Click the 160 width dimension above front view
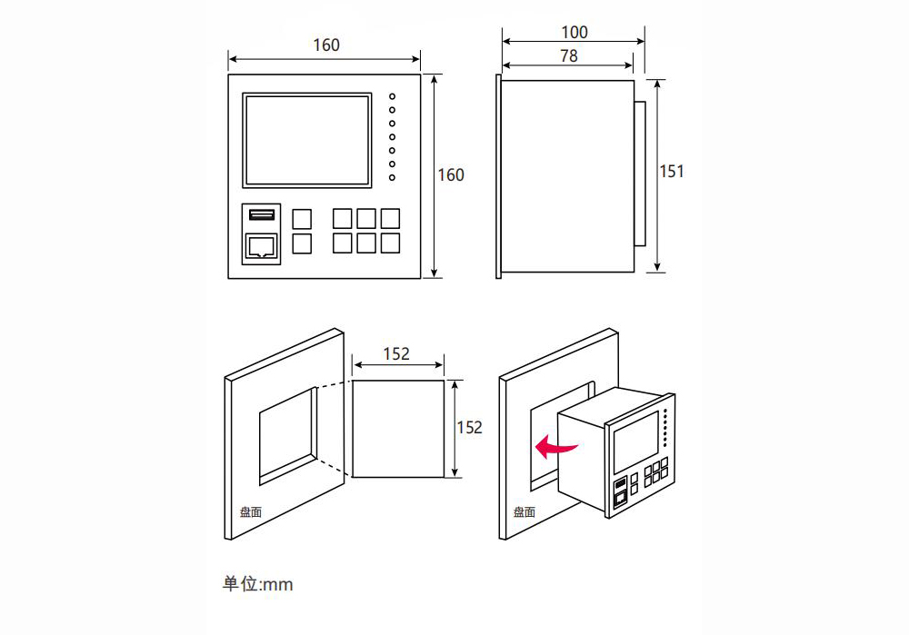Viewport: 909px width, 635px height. pos(326,45)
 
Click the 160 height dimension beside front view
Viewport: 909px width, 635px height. pos(451,175)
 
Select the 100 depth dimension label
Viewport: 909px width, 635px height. pos(574,33)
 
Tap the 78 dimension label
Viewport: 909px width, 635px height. pos(569,56)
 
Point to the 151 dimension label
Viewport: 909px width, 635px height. pos(672,172)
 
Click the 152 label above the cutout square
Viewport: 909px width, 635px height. pos(396,354)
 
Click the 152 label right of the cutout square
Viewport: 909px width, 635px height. pos(470,428)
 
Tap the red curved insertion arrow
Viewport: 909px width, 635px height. pos(555,447)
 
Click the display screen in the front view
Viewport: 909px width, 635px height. pos(307,140)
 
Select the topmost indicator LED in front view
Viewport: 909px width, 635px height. pos(393,96)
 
